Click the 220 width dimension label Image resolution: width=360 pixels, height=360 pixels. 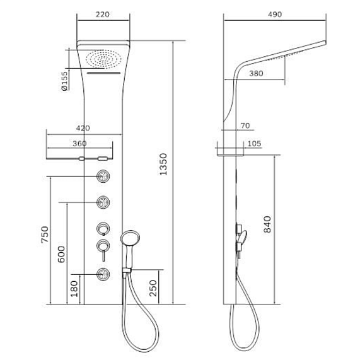102,15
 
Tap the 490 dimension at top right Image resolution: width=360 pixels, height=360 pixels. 275,15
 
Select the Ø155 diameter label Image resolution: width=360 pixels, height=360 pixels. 65,81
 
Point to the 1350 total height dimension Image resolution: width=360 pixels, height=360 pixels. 163,165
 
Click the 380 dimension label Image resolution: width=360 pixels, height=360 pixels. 256,74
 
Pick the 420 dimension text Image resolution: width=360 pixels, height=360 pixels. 83,128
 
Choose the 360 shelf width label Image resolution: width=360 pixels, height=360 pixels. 79,144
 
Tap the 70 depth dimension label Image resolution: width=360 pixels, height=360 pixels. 245,125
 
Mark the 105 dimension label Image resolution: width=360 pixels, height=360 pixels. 254,144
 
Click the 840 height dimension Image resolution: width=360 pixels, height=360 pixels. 267,224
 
